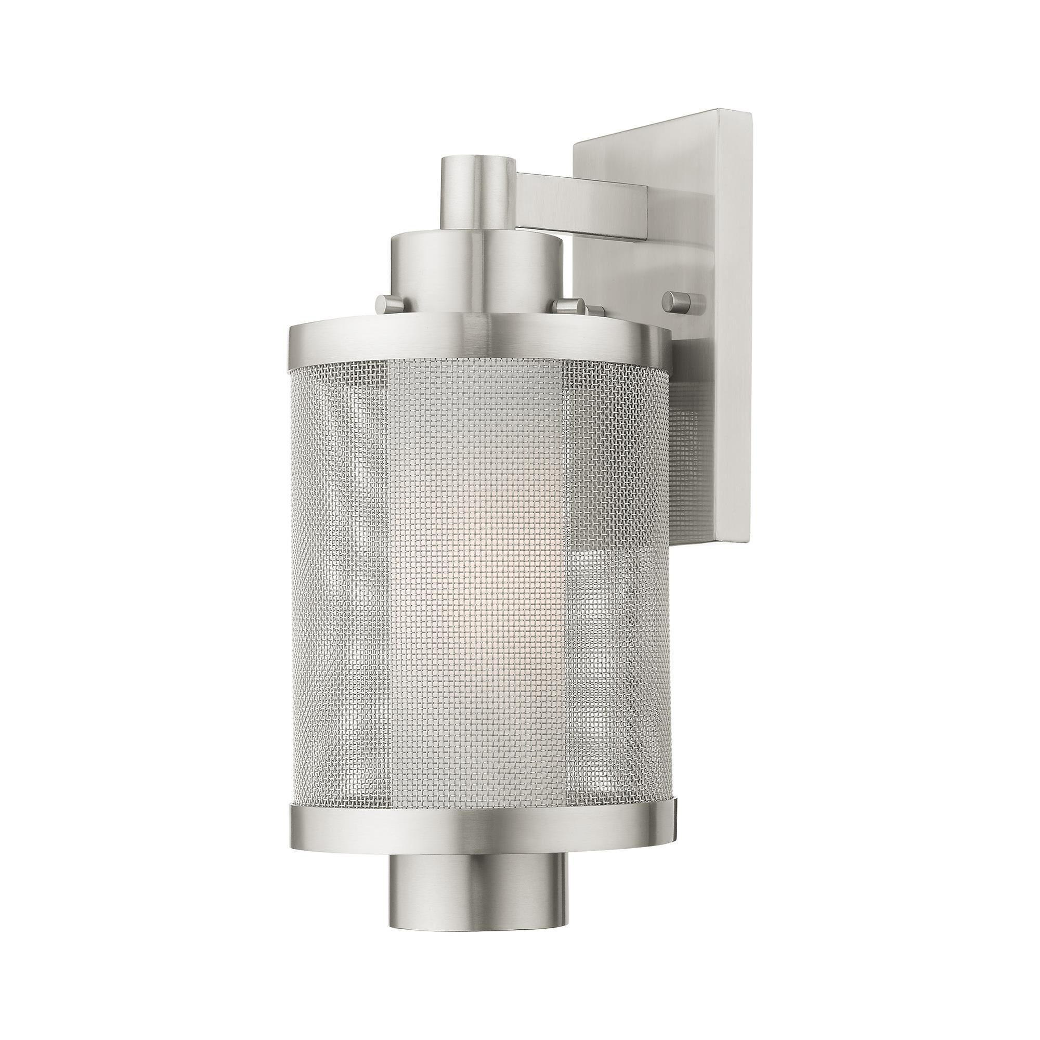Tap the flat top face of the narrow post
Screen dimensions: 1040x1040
pyautogui.click(x=476, y=163)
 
